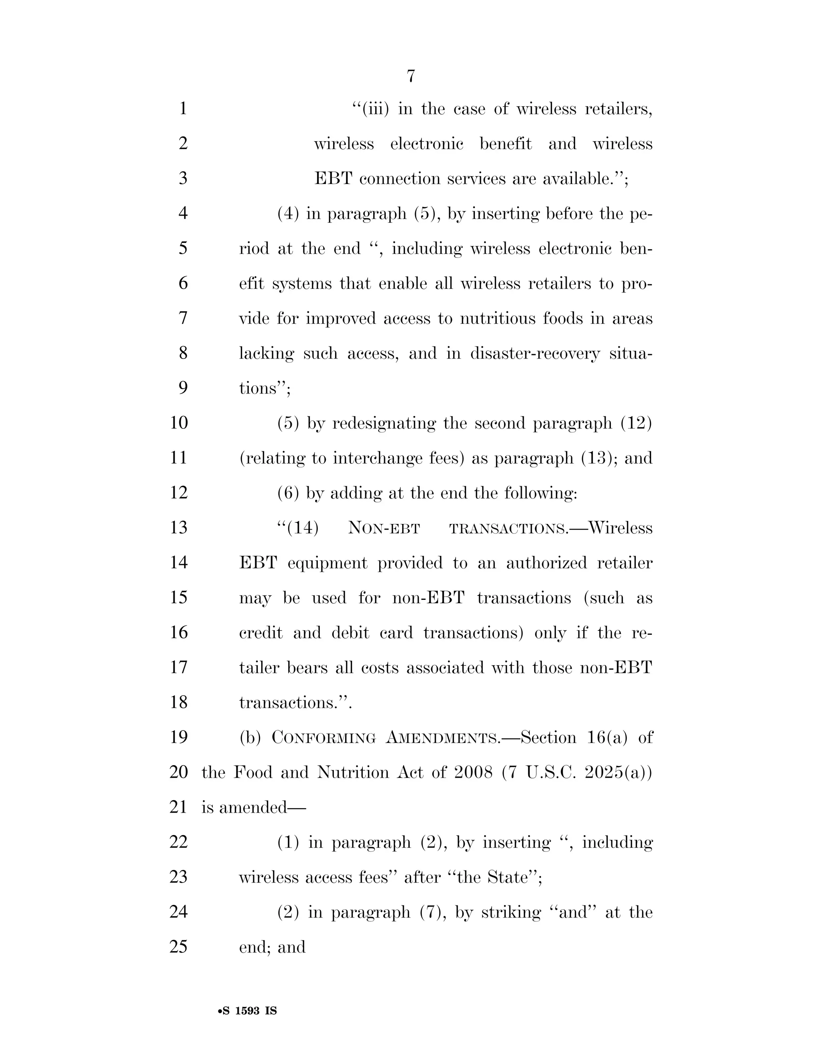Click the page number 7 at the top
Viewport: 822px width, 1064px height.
[x=411, y=76]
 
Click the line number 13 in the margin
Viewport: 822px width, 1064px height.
[x=179, y=528]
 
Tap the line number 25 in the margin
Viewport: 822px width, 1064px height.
[x=179, y=947]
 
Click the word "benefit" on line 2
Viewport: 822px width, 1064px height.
[x=505, y=144]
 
